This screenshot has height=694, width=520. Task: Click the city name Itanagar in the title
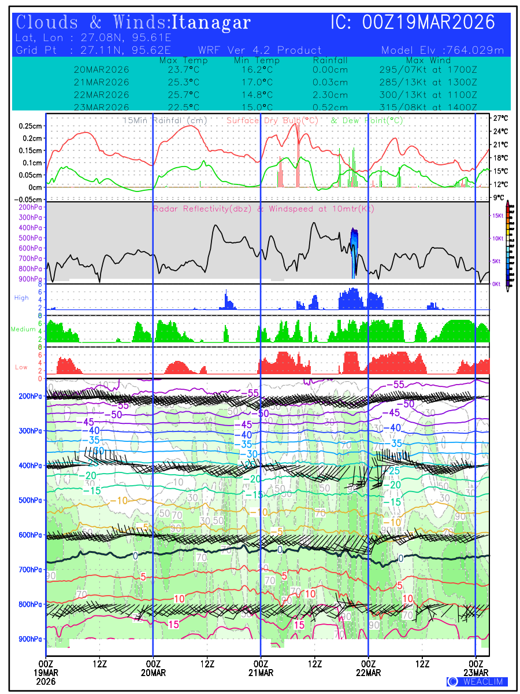coord(211,23)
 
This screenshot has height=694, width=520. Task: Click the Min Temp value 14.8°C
coord(257,95)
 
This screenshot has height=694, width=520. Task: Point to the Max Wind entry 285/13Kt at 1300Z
coord(425,82)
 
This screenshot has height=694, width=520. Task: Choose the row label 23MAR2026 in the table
coord(102,108)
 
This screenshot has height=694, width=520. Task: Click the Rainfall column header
coord(330,61)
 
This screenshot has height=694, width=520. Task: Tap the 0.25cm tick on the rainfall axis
coord(30,126)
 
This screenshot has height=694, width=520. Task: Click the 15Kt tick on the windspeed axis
coord(496,216)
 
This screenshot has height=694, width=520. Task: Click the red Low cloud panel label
coord(21,367)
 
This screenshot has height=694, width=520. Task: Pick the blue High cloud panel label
coord(21,297)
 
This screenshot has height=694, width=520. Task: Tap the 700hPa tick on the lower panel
coord(30,570)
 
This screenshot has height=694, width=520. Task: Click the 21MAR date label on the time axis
coord(261,673)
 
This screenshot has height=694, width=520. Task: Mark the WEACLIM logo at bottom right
coord(477,681)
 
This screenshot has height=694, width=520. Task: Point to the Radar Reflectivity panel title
coord(263,209)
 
